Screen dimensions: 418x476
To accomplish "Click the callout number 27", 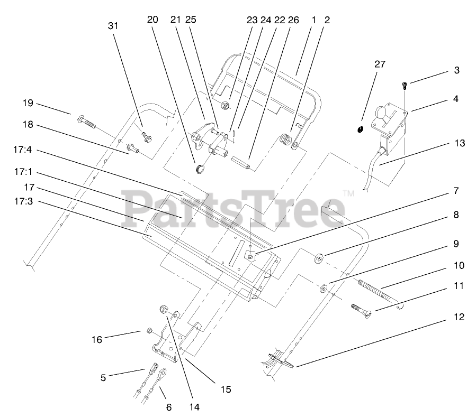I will pyautogui.click(x=380, y=64).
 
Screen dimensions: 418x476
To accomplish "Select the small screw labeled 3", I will pyautogui.click(x=405, y=84).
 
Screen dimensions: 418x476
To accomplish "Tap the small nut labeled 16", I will pyautogui.click(x=150, y=331).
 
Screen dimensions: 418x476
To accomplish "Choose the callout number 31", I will pyautogui.click(x=113, y=25).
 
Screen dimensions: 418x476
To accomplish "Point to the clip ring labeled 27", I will pyautogui.click(x=361, y=129).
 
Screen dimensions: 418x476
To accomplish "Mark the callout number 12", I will pyautogui.click(x=459, y=317).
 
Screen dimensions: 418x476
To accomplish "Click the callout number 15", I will pyautogui.click(x=226, y=389).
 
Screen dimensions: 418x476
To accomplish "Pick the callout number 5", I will pyautogui.click(x=103, y=377).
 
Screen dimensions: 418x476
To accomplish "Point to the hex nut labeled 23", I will pyautogui.click(x=224, y=104).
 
